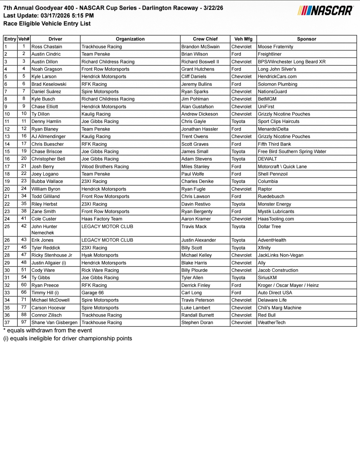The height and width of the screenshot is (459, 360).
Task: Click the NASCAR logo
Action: (x=325, y=11)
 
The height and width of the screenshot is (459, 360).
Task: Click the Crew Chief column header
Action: (x=205, y=39)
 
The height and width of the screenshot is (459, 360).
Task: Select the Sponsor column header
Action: (x=306, y=39)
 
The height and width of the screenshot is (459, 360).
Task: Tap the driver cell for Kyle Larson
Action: (x=44, y=76)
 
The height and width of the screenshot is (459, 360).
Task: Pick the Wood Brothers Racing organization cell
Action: (x=105, y=167)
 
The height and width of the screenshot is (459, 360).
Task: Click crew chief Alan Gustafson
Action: (x=197, y=107)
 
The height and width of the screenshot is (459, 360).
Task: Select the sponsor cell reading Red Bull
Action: (x=267, y=315)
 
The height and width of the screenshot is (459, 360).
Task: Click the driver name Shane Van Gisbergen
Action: (x=55, y=323)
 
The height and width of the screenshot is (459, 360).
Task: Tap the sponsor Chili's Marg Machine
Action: (x=279, y=308)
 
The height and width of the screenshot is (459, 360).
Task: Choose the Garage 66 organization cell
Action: (x=93, y=293)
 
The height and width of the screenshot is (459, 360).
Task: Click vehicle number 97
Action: (x=24, y=322)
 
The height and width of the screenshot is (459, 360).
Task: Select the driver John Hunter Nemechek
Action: (x=44, y=230)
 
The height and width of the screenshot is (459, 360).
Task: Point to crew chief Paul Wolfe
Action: (x=193, y=174)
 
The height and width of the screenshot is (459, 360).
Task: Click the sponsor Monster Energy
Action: (x=274, y=204)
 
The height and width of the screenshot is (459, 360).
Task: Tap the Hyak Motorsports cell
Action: (x=100, y=255)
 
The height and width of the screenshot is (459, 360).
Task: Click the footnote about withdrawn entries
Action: (x=48, y=331)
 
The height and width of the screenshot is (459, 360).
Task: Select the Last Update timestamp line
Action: (x=49, y=16)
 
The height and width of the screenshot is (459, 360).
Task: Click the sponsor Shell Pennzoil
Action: (x=273, y=174)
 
